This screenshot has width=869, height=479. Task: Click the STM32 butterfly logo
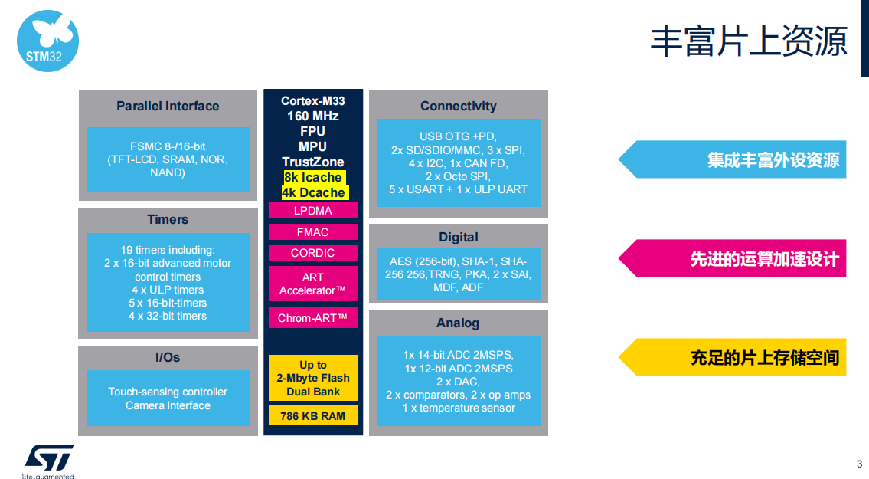tap(47, 41)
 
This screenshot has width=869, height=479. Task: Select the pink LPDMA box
tap(313, 211)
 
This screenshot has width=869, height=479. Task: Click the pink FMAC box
tap(313, 232)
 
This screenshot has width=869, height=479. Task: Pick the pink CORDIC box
tap(313, 253)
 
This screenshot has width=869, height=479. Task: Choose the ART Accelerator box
tap(313, 284)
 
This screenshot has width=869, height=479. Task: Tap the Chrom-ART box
tap(313, 318)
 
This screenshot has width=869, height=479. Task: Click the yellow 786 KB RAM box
tap(313, 415)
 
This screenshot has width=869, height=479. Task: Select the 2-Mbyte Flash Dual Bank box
tap(313, 378)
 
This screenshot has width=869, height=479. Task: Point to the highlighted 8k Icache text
tap(314, 177)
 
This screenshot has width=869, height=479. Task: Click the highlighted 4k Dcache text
tap(314, 192)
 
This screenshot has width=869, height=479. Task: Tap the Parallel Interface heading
tap(168, 106)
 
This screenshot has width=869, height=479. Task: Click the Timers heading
tap(168, 219)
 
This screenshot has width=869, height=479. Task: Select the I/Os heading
tap(168, 357)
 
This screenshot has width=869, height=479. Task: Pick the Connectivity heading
tap(459, 106)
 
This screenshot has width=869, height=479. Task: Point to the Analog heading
tap(458, 323)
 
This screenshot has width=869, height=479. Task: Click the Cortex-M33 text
tap(313, 101)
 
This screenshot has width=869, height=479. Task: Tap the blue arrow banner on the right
tap(732, 159)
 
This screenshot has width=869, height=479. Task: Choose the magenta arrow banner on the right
tap(732, 258)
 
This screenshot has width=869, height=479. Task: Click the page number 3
tap(860, 464)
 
